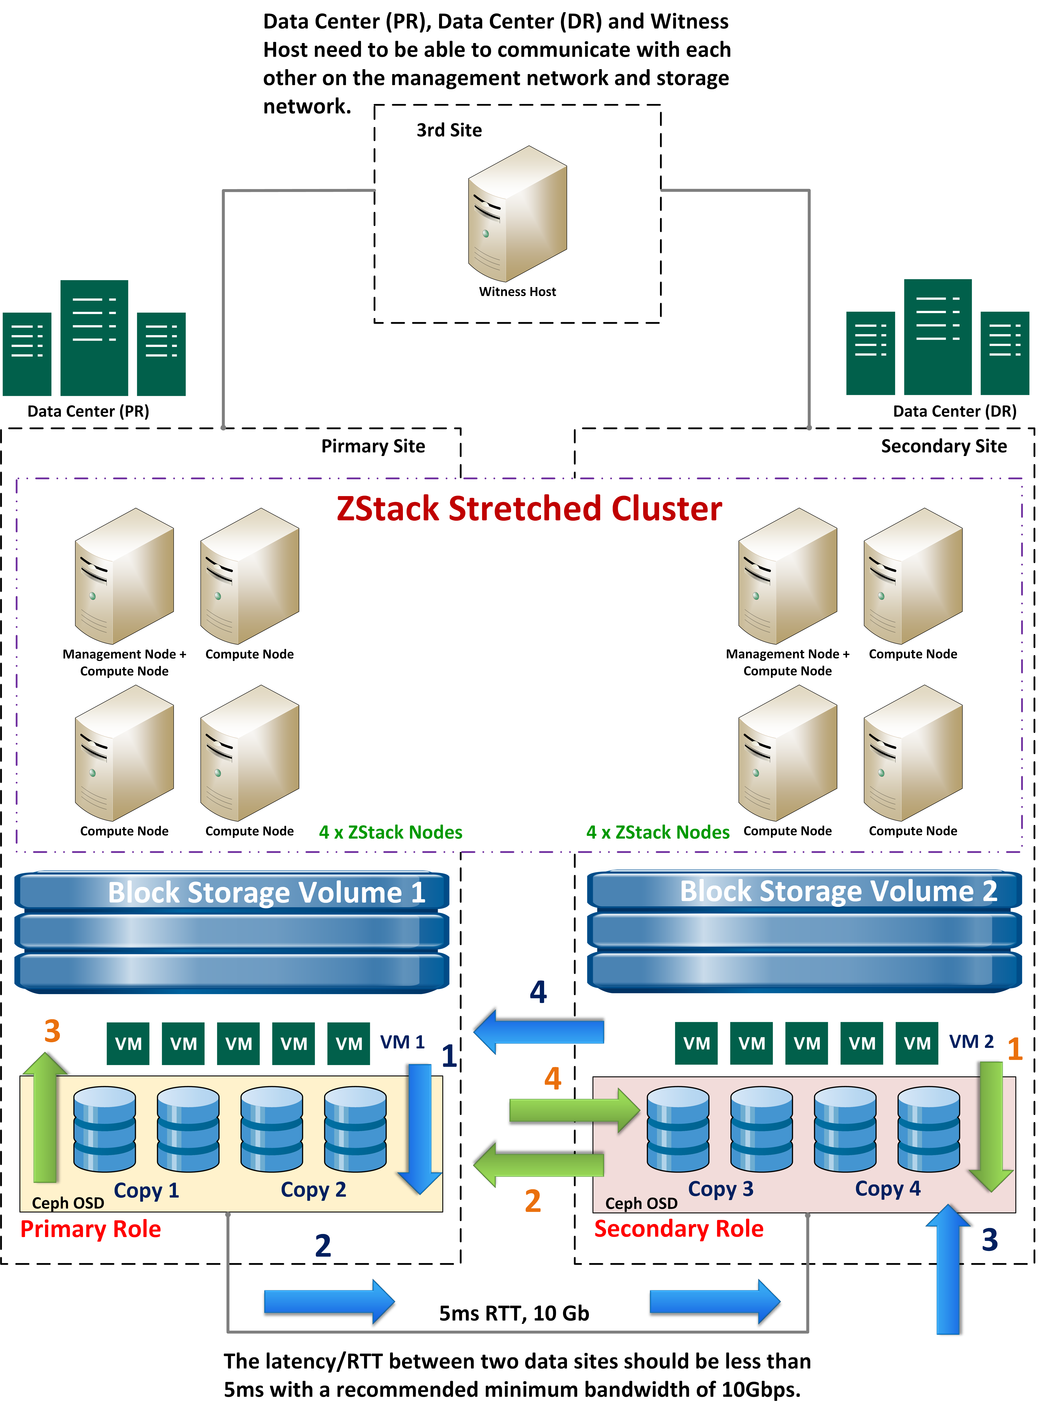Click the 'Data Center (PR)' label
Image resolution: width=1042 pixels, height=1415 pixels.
tap(88, 411)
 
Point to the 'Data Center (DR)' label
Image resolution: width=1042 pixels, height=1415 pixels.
tap(954, 411)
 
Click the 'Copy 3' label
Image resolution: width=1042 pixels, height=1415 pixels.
tap(720, 1189)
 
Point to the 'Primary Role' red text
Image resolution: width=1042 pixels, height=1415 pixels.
tap(90, 1229)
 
